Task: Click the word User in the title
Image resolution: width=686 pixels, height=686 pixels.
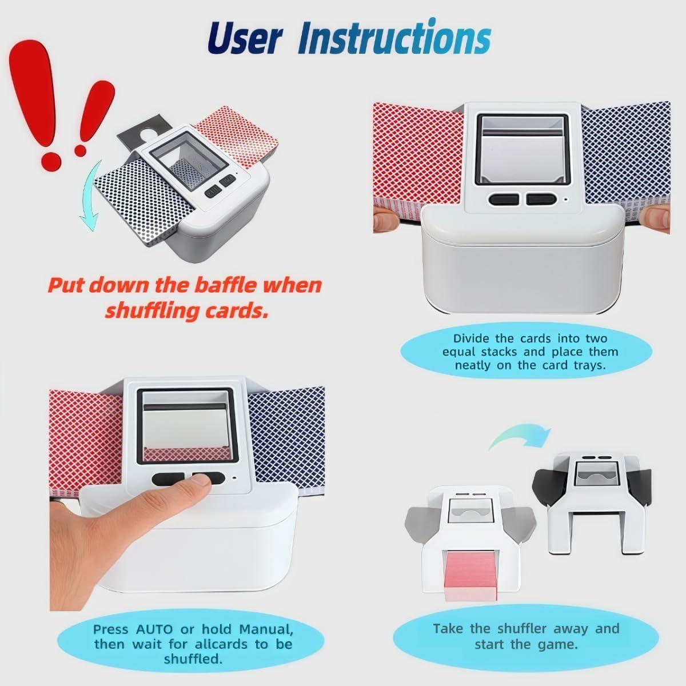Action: click(x=244, y=38)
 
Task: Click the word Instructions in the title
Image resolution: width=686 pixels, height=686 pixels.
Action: click(x=394, y=38)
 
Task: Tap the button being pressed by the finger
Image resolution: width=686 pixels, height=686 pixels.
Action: click(x=207, y=479)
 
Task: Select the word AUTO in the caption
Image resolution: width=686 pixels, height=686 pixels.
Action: click(x=154, y=629)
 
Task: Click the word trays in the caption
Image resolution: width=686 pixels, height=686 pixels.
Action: click(x=589, y=365)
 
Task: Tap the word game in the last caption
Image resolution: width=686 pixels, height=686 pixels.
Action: click(x=559, y=644)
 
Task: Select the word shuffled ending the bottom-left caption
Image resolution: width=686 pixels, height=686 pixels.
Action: click(x=193, y=659)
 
